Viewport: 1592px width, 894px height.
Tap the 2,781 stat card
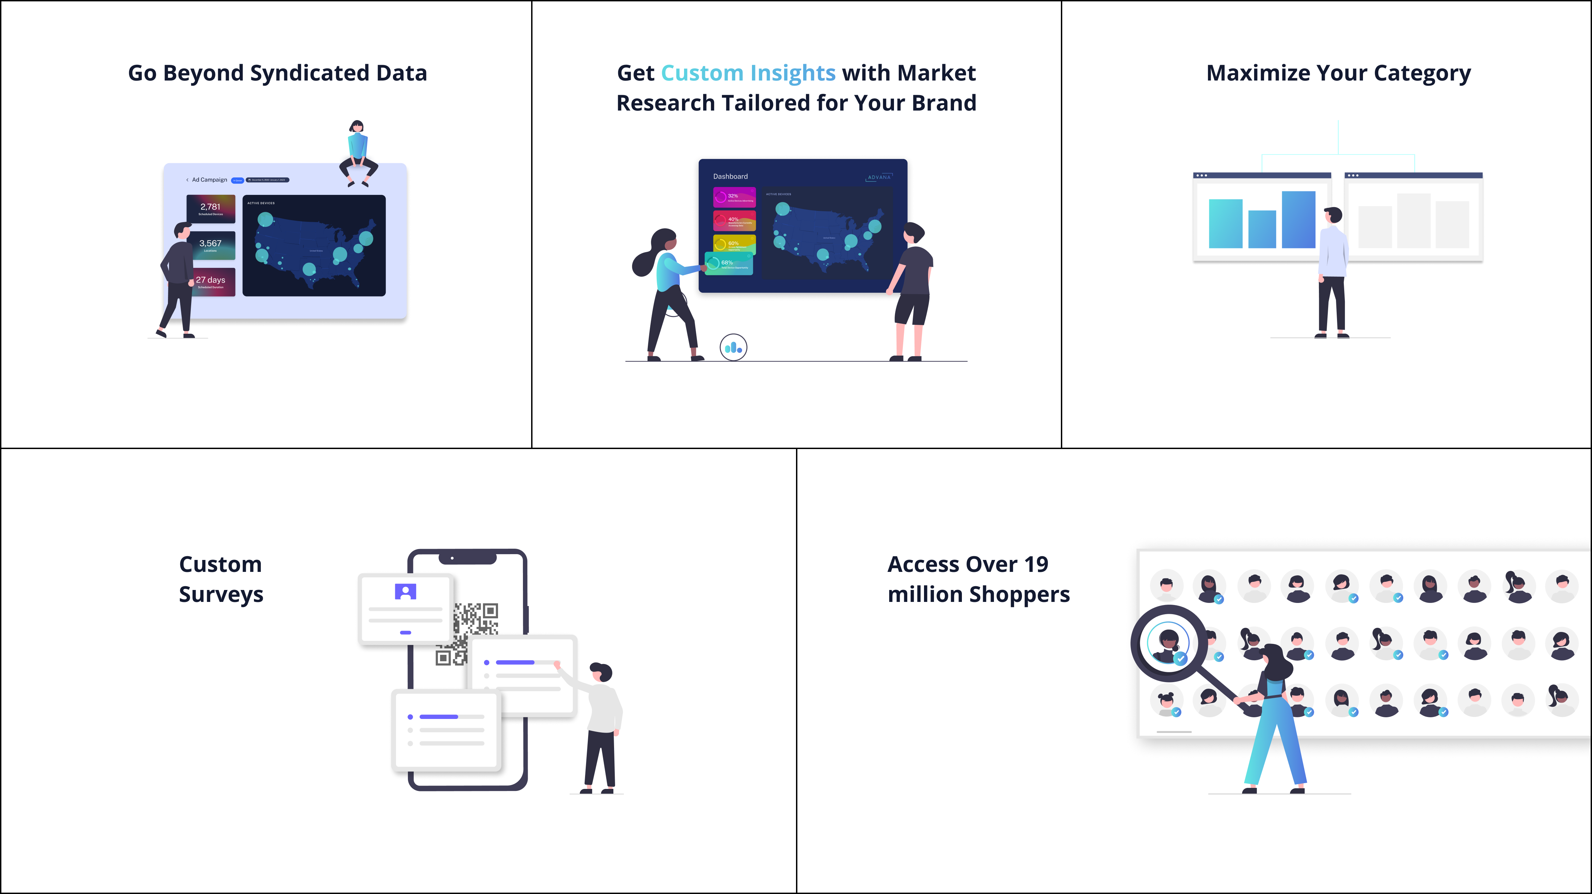[x=211, y=209]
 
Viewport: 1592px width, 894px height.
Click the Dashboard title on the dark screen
[x=730, y=177]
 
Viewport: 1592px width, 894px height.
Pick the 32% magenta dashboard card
[x=734, y=198]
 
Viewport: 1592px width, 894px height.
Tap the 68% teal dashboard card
[x=729, y=264]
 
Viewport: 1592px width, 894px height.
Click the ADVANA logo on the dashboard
[x=879, y=177]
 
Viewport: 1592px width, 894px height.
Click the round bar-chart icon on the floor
[x=734, y=348]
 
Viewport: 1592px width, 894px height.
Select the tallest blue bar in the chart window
[x=1298, y=220]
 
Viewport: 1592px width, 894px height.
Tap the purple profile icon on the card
[x=406, y=592]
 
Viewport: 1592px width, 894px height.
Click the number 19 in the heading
[x=1036, y=565]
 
